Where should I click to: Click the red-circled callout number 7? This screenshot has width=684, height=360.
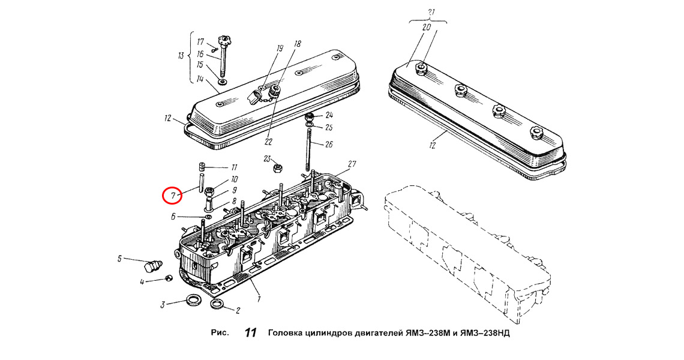173,196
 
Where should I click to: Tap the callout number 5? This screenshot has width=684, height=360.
119,259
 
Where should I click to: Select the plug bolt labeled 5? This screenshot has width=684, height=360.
152,265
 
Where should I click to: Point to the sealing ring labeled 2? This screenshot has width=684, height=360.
218,304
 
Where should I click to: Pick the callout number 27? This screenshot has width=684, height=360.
352,164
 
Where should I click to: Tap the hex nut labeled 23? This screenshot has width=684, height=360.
276,167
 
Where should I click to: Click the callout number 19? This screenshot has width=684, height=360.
280,47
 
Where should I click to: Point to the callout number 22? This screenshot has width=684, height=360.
268,142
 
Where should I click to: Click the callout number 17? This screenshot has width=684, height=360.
200,42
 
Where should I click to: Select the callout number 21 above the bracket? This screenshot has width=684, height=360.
431,12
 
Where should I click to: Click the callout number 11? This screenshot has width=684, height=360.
234,167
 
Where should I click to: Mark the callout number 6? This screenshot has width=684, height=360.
173,217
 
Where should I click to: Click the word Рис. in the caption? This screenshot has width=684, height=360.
220,333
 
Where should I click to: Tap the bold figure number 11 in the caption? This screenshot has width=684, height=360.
250,333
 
